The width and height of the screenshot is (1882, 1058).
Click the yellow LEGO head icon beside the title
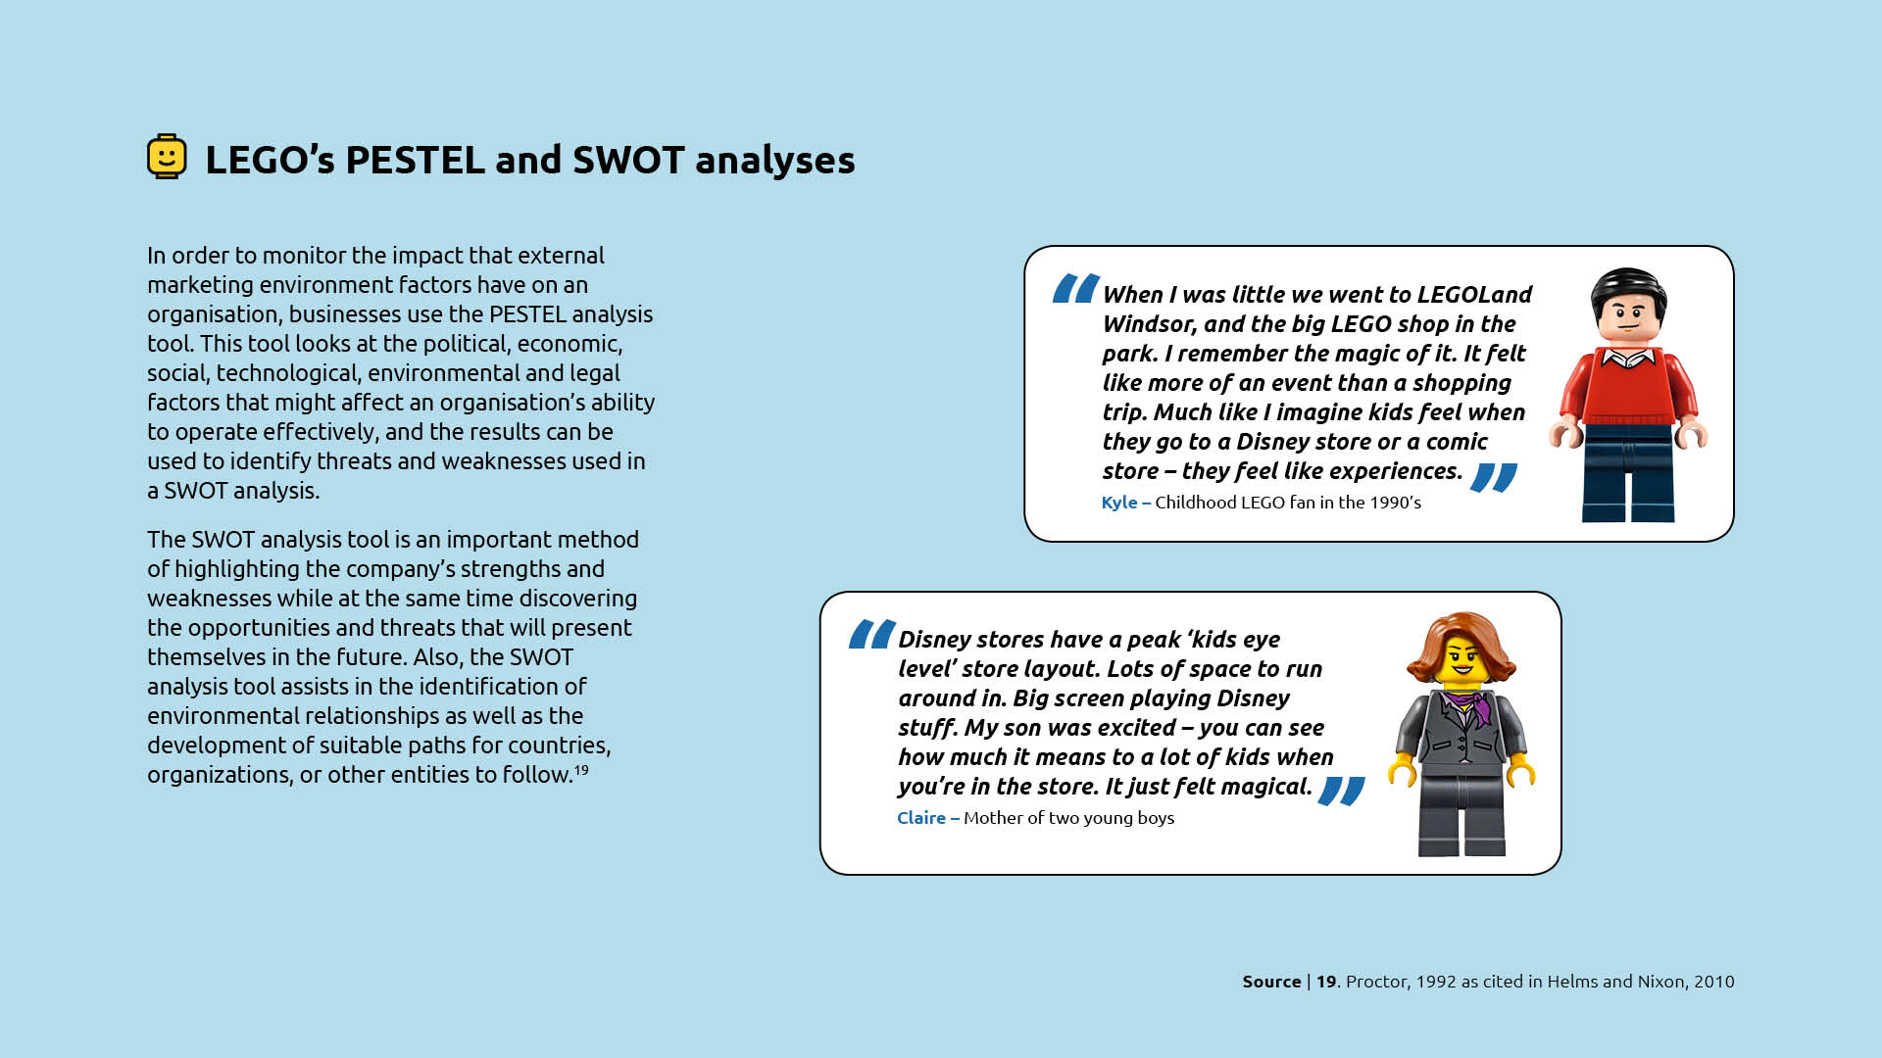167,157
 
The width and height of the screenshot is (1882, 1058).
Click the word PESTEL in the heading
415,160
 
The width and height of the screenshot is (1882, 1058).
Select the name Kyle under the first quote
1119,503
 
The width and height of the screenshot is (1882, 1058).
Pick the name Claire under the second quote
921,818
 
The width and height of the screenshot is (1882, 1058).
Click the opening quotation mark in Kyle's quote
1075,288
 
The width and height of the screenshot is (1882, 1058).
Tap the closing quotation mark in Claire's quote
1342,791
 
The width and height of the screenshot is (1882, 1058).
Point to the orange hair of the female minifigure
1461,647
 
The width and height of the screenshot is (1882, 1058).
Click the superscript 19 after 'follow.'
581,769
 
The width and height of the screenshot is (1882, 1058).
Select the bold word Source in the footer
1271,982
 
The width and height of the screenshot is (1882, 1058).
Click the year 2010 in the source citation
1713,982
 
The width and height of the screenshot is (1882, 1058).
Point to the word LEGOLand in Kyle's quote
1474,295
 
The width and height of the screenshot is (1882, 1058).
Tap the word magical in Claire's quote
1263,787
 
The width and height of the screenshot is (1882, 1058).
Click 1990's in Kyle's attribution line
1396,503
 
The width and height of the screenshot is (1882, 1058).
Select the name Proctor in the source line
1376,982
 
